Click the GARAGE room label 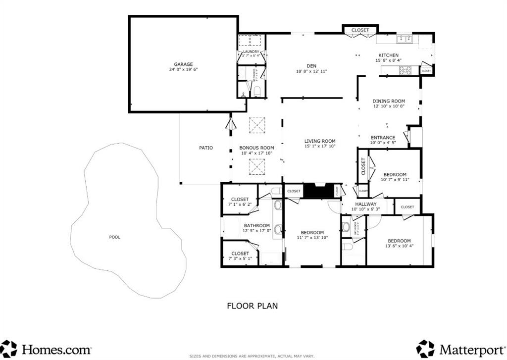183,64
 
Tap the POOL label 114,237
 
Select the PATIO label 206,148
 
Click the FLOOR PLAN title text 252,306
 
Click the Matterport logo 460,348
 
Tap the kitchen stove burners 405,70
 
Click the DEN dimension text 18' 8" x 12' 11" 311,71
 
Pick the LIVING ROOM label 320,141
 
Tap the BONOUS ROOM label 256,148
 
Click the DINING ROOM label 389,101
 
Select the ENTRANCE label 383,138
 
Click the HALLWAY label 364,204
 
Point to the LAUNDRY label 251,51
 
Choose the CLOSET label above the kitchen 360,30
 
